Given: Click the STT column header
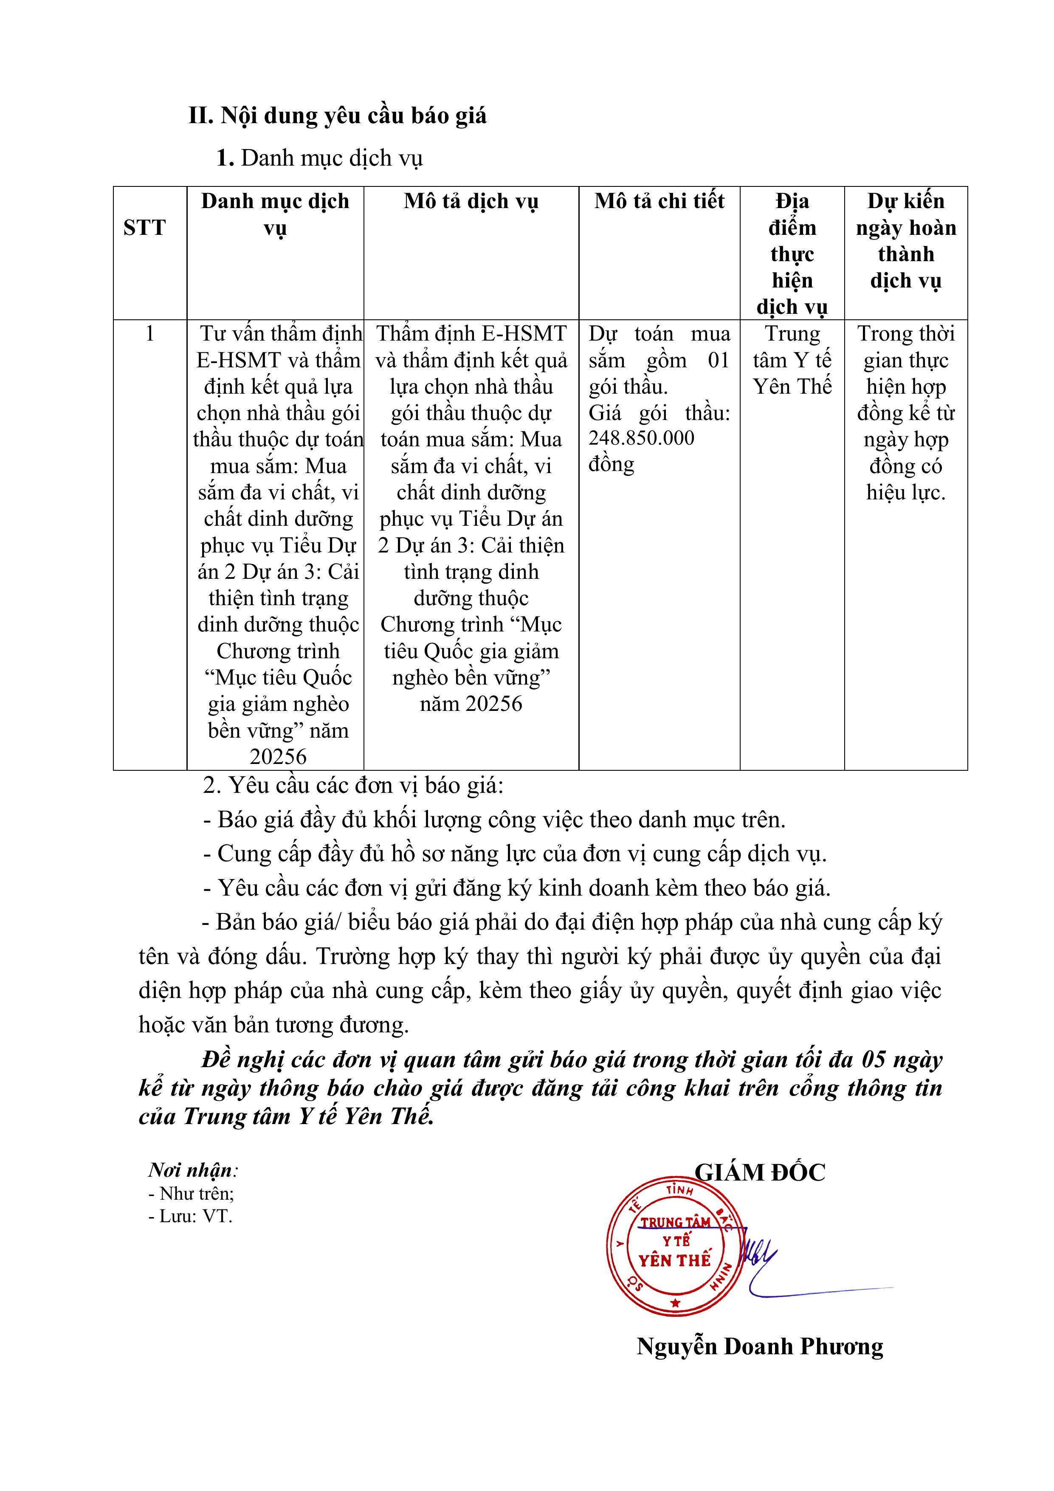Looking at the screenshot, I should pyautogui.click(x=144, y=228).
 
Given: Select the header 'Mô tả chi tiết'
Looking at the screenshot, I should pyautogui.click(x=659, y=201).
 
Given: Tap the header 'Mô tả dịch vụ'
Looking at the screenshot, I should pyautogui.click(x=471, y=201).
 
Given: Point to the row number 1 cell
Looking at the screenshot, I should pyautogui.click(x=150, y=334).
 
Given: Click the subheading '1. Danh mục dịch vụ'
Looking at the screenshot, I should pyautogui.click(x=319, y=158).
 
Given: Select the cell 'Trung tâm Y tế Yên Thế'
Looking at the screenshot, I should pyautogui.click(x=792, y=361).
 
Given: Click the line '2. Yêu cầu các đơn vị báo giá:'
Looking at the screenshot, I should pyautogui.click(x=353, y=786).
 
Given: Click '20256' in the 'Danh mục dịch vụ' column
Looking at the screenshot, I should pyautogui.click(x=278, y=756).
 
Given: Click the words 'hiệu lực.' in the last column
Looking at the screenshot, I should pyautogui.click(x=906, y=492).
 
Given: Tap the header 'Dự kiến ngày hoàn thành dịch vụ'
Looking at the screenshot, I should pyautogui.click(x=906, y=241).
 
